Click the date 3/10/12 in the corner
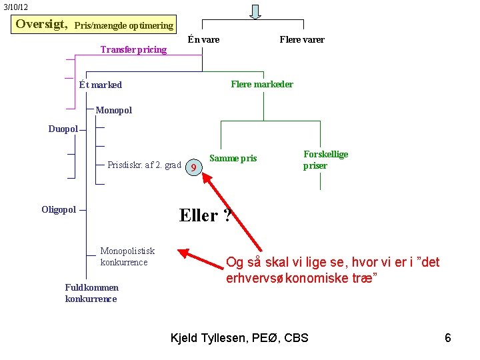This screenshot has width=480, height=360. pos(15,7)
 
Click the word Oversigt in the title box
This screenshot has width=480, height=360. pos(41,25)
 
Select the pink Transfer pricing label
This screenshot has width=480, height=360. pos(133,49)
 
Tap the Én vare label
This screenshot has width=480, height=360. pos(203,39)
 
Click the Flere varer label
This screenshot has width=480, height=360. pos(302,39)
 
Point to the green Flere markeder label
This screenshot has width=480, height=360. pos(261,84)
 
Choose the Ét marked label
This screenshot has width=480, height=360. pos(100,85)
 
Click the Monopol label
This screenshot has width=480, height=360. pos(114,110)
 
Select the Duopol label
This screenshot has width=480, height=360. pos(63,129)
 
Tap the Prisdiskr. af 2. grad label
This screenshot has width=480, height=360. pos(144,165)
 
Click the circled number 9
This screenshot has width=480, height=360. pos(193,167)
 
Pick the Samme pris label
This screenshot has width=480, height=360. pos(233,159)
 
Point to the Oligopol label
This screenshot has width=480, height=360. pos(59,210)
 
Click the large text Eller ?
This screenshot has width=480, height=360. pos(205,215)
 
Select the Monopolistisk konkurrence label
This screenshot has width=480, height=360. pos(127,257)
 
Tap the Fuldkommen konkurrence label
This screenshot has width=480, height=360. pos(91,293)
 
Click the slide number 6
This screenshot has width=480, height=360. pos(448,338)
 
